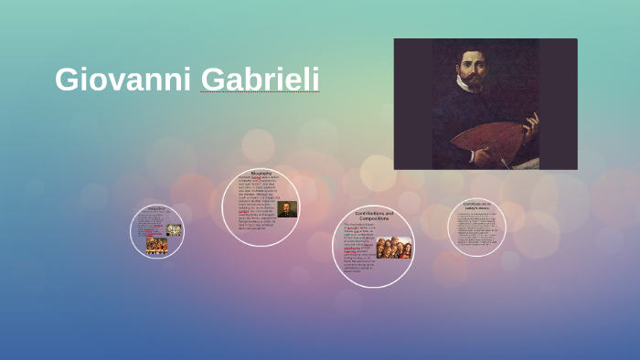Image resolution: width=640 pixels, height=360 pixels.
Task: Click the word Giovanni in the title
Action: click(123, 79)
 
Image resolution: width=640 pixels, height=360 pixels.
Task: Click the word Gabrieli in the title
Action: click(260, 79)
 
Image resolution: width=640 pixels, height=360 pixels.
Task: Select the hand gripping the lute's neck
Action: click(530, 122)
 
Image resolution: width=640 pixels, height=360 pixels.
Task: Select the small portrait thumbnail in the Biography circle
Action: click(287, 209)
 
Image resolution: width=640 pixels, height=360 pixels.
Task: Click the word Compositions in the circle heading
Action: click(374, 218)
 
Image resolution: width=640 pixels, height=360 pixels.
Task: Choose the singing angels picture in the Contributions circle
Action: click(393, 248)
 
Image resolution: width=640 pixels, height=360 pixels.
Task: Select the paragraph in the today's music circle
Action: click(476, 228)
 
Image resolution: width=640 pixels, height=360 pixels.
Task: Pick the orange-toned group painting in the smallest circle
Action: click(156, 244)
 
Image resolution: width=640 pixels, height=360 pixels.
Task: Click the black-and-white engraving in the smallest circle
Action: click(174, 229)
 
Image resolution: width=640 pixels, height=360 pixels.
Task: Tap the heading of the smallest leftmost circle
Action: click(156, 209)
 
